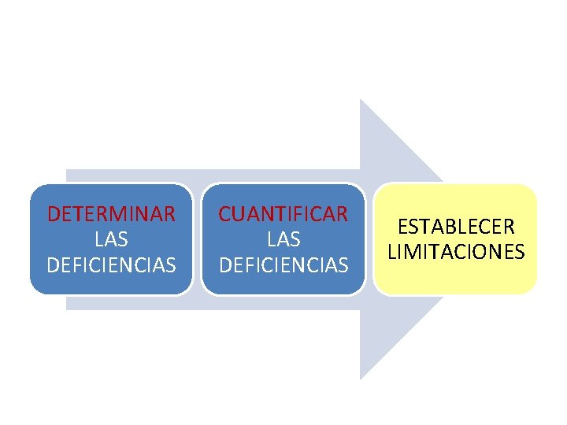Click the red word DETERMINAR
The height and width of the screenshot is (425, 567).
[x=111, y=213]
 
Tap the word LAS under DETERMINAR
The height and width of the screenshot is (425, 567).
[x=111, y=238]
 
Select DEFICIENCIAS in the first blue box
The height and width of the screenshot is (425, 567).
[x=111, y=265]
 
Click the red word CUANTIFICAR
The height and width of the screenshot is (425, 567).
[x=283, y=213]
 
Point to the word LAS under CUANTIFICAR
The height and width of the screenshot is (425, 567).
[x=283, y=238]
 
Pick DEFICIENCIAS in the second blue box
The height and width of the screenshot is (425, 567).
[x=283, y=265]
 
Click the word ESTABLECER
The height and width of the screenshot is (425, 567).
[x=456, y=227]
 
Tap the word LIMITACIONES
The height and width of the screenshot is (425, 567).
[x=456, y=253]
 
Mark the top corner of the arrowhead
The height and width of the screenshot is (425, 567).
[x=361, y=101]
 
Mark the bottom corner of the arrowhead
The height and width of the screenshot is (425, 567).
[x=361, y=379]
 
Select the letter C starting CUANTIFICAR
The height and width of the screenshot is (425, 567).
[x=224, y=213]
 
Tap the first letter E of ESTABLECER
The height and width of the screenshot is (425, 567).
[x=402, y=227]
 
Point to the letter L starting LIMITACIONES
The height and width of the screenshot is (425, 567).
[x=391, y=253]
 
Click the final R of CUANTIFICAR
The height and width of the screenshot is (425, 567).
[x=342, y=213]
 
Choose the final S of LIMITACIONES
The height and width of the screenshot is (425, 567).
[x=520, y=253]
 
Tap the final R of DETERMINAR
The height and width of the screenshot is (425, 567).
[x=169, y=213]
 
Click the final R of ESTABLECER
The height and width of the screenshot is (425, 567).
[x=510, y=227]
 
